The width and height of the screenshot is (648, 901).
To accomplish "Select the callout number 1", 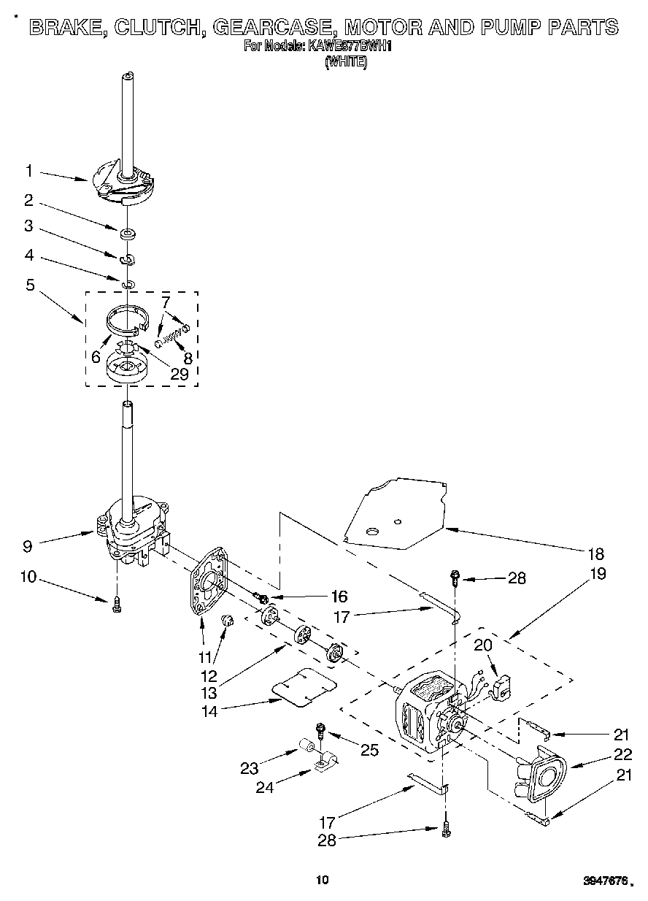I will [28, 171].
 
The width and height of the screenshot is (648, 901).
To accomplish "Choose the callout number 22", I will [622, 755].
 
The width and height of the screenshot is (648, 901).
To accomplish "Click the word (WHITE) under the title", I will [345, 63].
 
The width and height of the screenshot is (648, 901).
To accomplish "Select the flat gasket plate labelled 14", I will [305, 686].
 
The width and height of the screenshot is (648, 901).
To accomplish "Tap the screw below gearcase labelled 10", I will [117, 604].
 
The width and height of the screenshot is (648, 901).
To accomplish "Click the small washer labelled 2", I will [128, 234].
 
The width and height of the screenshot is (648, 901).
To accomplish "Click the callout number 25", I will [369, 749].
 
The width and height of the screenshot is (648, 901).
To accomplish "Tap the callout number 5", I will [30, 285].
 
